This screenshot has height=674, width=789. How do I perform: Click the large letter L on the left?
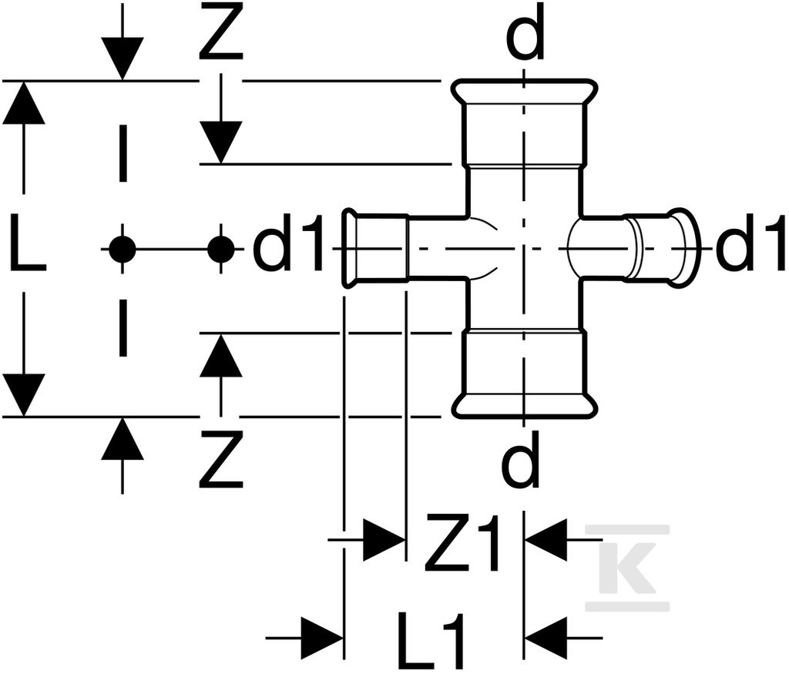click(26, 242)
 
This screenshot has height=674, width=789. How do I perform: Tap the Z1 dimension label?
click(462, 542)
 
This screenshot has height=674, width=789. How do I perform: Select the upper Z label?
click(221, 31)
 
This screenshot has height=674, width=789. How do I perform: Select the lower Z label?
click(221, 459)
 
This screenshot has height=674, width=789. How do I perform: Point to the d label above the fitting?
click(525, 32)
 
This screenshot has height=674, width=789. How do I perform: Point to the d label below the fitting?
click(522, 459)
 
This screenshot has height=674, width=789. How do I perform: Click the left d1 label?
click(287, 243)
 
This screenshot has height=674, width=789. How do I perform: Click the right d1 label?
click(750, 243)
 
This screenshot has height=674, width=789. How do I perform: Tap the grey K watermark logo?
click(627, 568)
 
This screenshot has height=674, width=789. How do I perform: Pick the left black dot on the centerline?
click(123, 249)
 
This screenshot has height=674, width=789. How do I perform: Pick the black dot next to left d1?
click(221, 249)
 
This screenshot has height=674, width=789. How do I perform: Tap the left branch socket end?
click(349, 249)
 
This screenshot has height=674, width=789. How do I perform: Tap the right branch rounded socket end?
click(685, 249)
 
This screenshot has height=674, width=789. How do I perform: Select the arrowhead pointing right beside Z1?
click(384, 540)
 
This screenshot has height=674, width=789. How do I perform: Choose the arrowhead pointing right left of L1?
click(323, 639)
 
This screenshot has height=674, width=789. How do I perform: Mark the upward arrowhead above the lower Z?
click(221, 354)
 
